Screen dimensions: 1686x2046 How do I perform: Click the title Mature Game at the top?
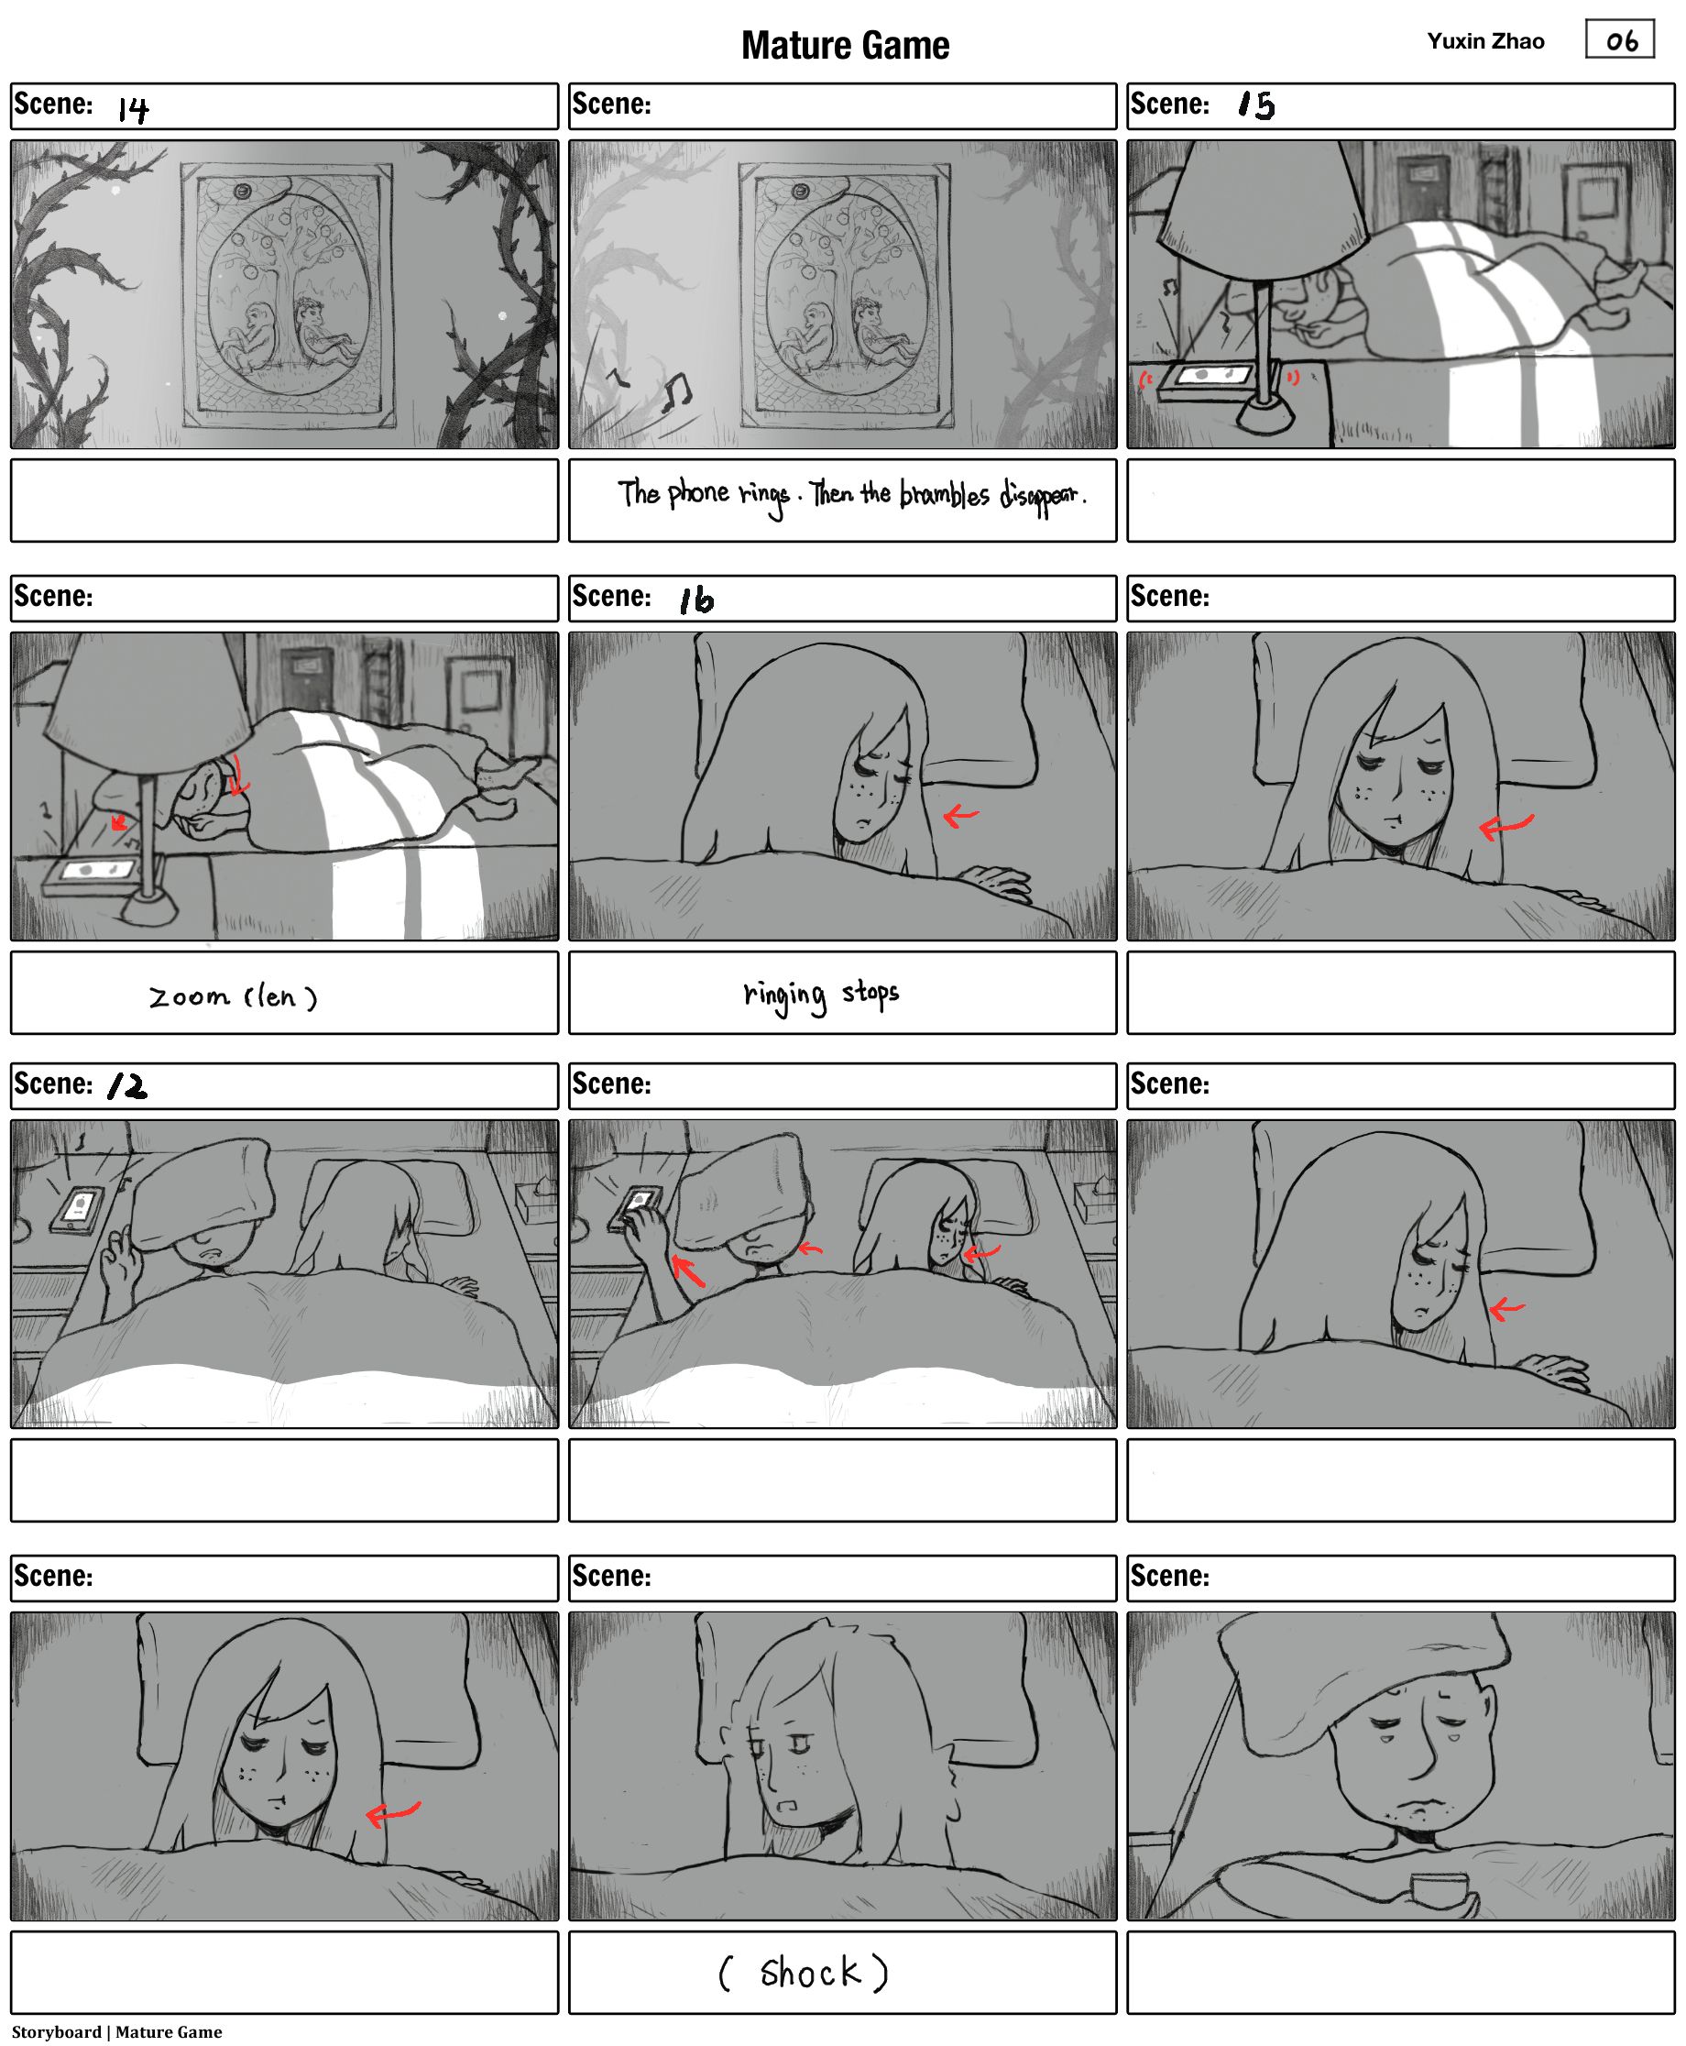(845, 46)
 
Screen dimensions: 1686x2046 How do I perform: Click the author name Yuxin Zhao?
(1485, 41)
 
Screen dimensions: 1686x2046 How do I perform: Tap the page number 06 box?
(1619, 39)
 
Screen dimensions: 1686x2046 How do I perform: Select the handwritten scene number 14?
(133, 109)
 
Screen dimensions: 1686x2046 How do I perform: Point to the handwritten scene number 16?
(695, 599)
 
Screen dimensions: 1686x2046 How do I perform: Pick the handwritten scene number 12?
(127, 1085)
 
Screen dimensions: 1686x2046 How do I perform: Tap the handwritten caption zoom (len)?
(233, 996)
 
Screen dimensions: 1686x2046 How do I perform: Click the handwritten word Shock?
(810, 1972)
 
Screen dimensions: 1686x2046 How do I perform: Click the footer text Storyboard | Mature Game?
(116, 2031)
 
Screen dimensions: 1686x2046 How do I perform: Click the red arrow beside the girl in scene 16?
(960, 815)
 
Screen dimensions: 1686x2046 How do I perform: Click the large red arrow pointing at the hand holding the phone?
(687, 1270)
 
